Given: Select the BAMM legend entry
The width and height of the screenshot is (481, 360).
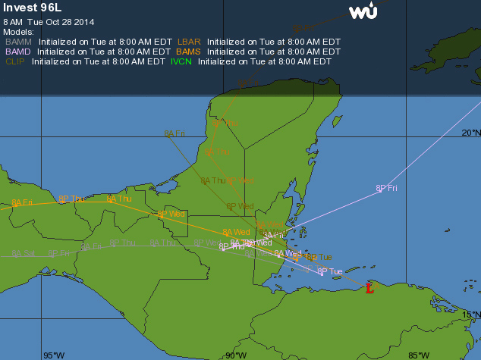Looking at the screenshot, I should pos(19,42).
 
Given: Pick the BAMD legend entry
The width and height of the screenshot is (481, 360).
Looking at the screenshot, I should pos(18,52).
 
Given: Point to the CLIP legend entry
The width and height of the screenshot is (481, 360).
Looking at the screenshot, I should pos(14,61).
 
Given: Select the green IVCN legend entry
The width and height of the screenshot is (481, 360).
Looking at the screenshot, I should pos(181,61).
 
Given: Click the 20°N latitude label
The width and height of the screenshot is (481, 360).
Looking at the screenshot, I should pos(470,132).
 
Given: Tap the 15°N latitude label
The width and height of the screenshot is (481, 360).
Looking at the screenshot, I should pos(470,315).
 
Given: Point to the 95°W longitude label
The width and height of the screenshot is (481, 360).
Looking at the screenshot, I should pos(53,355).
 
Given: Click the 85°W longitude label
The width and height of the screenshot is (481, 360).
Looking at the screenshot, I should pos(418,355).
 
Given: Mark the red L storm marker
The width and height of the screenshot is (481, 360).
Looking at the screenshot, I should pos(369,288).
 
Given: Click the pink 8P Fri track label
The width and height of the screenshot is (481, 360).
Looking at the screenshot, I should pos(387,188).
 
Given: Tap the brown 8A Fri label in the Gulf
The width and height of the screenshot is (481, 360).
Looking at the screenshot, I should pos(174,133).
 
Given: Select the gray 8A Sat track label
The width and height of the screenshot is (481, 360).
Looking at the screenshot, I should pos(24,254).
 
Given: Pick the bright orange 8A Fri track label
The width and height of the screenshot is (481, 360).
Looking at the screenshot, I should pos(22,202).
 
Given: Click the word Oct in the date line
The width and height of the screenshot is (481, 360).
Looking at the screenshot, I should pos(54,21).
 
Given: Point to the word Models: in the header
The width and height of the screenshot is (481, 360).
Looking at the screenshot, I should pos(18,32).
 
